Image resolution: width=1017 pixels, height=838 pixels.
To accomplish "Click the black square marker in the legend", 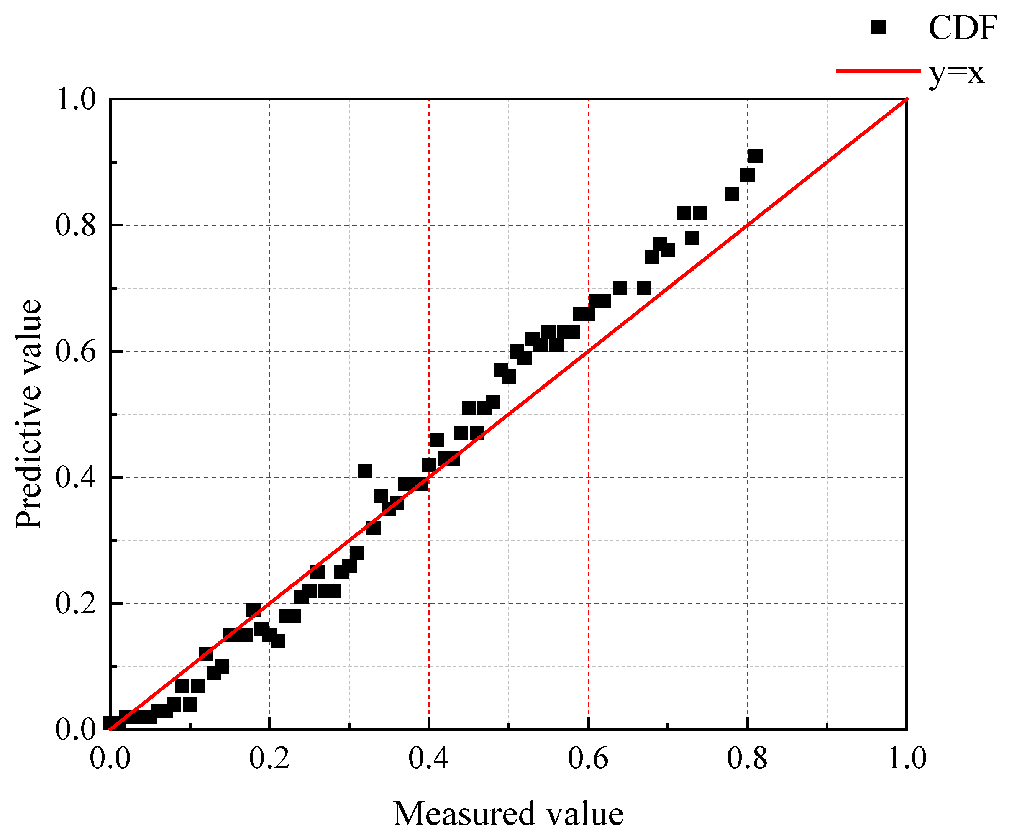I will point(878,28).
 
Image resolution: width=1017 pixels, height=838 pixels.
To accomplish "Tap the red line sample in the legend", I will point(878,71).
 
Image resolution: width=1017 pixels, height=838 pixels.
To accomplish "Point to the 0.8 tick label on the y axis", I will point(76,225).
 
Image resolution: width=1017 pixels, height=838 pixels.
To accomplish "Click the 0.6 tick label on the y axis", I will point(76,351).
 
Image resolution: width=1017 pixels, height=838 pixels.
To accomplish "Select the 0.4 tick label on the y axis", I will point(76,477).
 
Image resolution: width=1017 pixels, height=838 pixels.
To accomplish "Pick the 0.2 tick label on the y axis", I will point(76,603).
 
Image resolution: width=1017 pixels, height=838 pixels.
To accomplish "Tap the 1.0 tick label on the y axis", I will point(76,100).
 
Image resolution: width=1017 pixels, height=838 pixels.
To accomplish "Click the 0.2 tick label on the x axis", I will point(269,758).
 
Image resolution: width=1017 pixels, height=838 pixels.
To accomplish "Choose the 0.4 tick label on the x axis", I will point(429,758).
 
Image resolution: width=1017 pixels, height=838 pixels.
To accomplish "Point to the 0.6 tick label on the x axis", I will point(588,758).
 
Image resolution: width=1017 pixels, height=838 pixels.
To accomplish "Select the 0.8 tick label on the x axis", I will point(747,758).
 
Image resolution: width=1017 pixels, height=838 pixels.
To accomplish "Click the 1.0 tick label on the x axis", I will point(907,758).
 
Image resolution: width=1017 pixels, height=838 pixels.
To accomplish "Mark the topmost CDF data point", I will point(755,156).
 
